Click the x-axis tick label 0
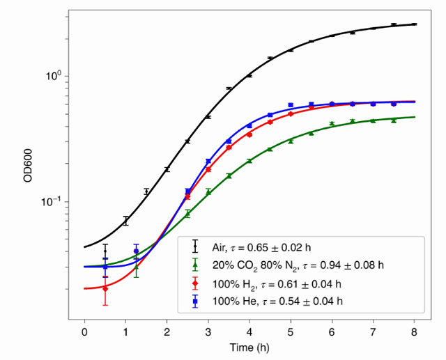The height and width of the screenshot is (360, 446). point(84,331)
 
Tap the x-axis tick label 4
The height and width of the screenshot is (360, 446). point(249,331)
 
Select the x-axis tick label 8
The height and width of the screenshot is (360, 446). point(415,331)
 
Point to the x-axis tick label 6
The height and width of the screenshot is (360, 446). point(332,331)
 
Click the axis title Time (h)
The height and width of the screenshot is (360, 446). point(249,347)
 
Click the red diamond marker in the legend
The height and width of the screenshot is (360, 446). point(195,283)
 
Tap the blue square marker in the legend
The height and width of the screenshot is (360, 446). point(195,301)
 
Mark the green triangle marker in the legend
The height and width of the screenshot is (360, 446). point(195,265)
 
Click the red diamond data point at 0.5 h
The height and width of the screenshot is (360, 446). point(105,288)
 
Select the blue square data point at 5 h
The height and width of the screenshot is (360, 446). point(291,105)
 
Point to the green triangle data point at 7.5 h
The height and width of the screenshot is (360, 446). point(394,120)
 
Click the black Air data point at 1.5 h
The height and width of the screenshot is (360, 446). point(146,191)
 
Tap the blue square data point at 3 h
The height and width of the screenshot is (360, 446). point(208,162)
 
